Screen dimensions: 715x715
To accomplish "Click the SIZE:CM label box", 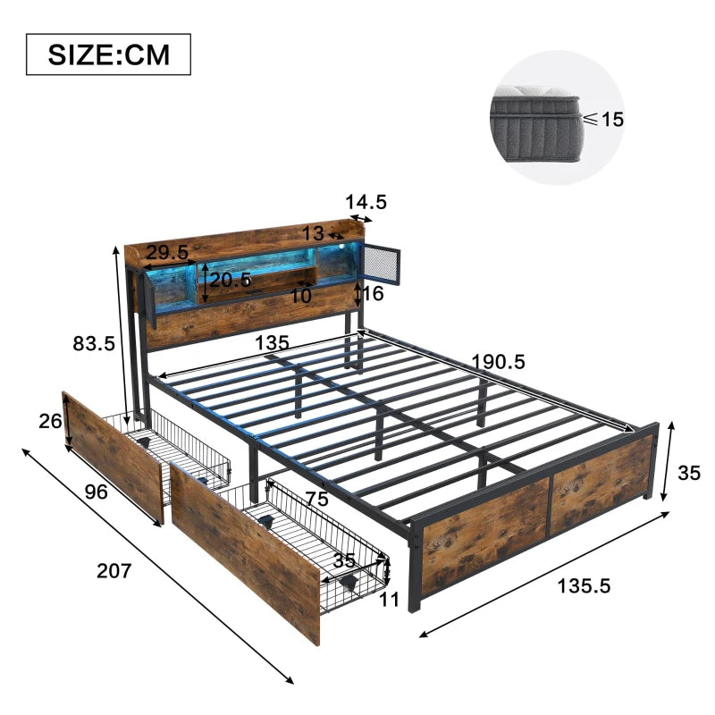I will coord(108,55).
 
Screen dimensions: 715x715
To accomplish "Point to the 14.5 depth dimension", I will coord(367,203).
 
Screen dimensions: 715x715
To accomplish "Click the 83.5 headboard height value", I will coord(94,341).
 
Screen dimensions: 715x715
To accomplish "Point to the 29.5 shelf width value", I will coord(166,253).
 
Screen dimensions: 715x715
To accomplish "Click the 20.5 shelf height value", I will coord(231,280).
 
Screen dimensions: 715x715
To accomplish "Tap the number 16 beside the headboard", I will coord(373,294).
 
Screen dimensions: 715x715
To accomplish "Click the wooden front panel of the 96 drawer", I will coord(112,456).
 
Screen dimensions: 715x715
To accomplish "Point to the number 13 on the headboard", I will coord(313,234).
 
